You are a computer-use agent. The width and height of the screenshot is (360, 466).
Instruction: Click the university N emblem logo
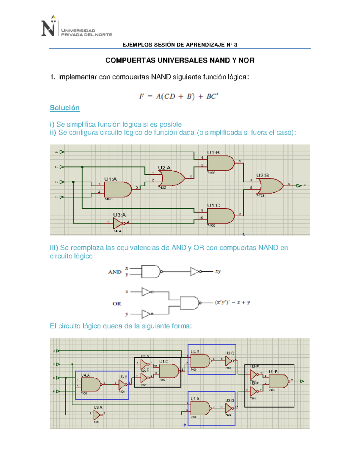pyautogui.click(x=49, y=27)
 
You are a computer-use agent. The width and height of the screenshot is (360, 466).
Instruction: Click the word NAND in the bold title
pyautogui.click(x=220, y=60)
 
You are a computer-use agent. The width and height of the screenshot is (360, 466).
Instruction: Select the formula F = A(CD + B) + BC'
pyautogui.click(x=178, y=96)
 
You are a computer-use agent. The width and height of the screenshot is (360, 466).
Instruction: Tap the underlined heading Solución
pyautogui.click(x=65, y=108)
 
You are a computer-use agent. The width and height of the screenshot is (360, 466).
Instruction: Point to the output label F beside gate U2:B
pyautogui.click(x=304, y=186)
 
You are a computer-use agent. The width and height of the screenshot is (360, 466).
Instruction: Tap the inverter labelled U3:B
pyautogui.click(x=123, y=384)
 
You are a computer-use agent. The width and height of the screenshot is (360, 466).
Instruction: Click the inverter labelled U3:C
pyautogui.click(x=229, y=361)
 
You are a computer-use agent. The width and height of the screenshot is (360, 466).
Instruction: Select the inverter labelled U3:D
pyautogui.click(x=229, y=408)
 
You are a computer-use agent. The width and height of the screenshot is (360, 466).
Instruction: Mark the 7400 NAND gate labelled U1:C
pyautogui.click(x=169, y=371)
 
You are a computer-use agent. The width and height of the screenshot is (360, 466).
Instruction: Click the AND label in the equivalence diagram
pyautogui.click(x=115, y=272)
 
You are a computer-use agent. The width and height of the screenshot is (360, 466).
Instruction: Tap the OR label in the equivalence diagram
pyautogui.click(x=117, y=304)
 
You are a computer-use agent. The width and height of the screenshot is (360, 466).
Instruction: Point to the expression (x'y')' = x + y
pyautogui.click(x=232, y=302)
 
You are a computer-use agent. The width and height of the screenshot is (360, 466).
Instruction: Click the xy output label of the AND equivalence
pyautogui.click(x=218, y=271)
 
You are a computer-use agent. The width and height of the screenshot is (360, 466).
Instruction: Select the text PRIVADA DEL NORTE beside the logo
pyautogui.click(x=86, y=35)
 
